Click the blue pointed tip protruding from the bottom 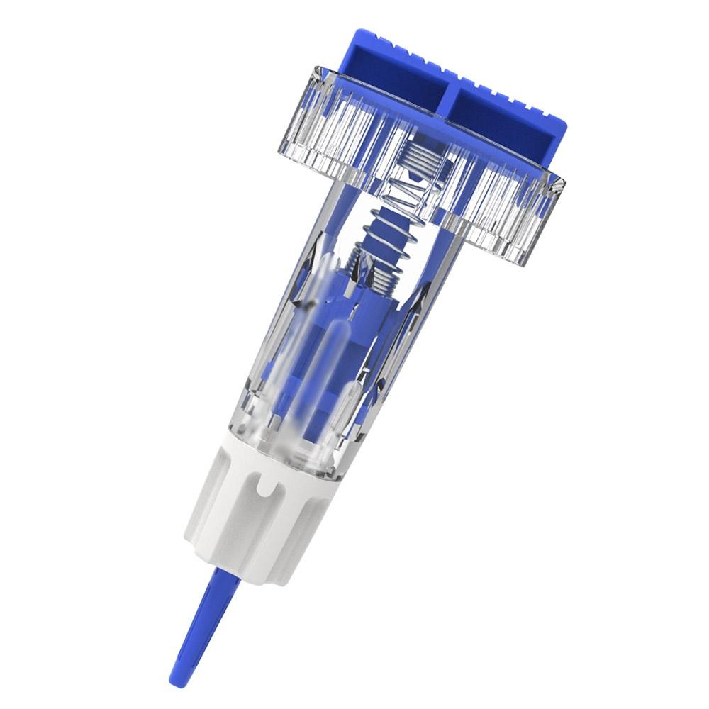pos(202,624)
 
